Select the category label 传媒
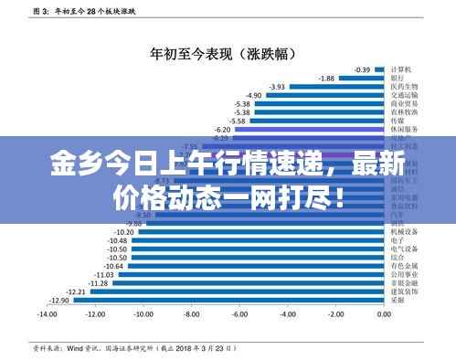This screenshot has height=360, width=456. click(x=398, y=121)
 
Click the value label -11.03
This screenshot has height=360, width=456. click(x=103, y=274)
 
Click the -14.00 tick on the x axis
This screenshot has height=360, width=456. click(x=47, y=313)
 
